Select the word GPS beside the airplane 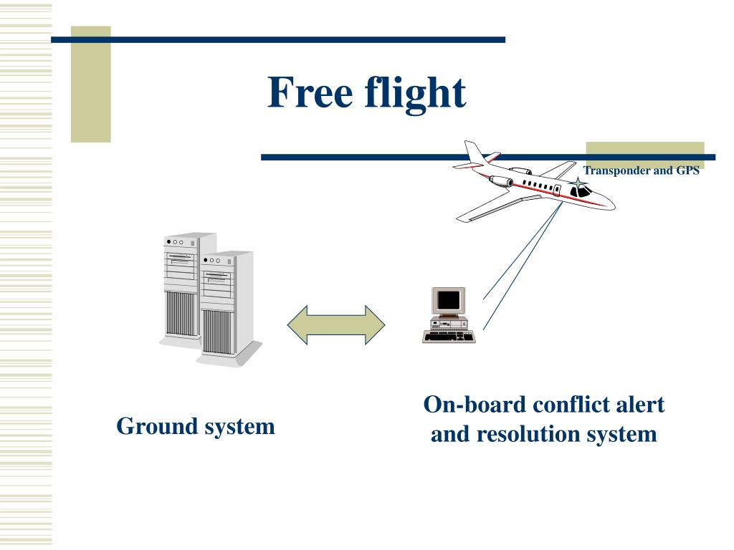[x=687, y=171]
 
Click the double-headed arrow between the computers [x=336, y=324]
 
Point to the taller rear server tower [x=180, y=286]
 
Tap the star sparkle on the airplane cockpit [x=578, y=184]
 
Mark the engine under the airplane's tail [x=520, y=172]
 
